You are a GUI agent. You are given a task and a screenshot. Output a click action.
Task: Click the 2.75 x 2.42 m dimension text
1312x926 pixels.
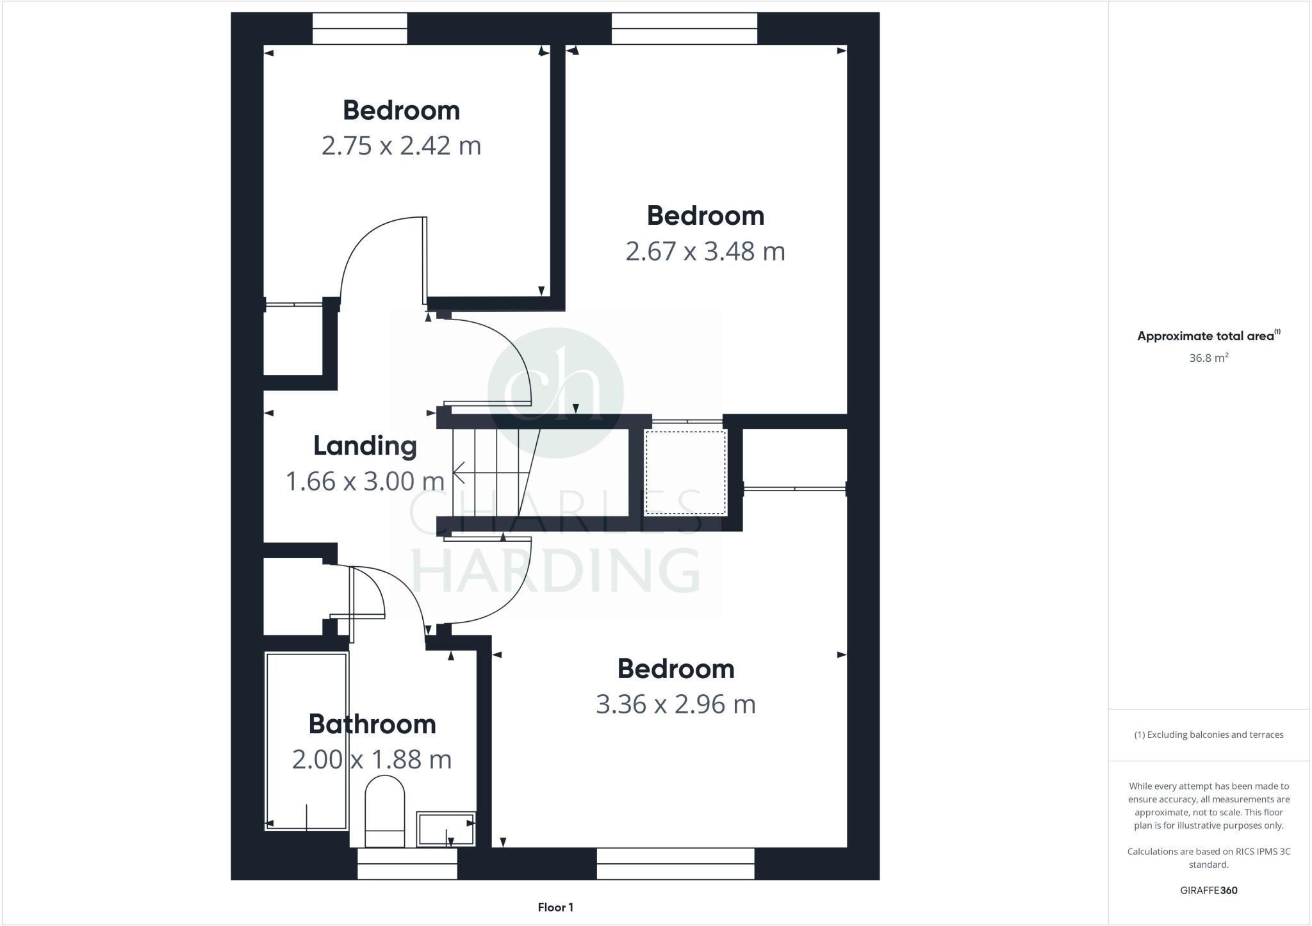[401, 146]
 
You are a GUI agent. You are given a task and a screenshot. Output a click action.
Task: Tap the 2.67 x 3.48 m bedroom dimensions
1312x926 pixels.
[705, 251]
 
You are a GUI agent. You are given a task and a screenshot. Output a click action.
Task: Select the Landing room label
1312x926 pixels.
[365, 446]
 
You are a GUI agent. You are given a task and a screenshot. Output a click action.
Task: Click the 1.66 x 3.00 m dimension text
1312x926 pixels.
[365, 482]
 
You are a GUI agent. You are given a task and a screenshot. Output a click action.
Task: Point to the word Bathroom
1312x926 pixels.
[372, 724]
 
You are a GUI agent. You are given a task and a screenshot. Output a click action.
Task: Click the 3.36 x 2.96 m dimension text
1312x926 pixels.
[675, 704]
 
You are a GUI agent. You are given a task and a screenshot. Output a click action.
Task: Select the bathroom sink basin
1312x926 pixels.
[445, 829]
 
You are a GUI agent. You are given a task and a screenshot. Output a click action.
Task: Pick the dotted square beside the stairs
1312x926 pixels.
[685, 472]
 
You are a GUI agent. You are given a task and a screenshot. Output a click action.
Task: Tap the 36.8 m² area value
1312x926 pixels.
[1208, 358]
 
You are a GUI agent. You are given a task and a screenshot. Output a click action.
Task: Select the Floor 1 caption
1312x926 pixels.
[555, 907]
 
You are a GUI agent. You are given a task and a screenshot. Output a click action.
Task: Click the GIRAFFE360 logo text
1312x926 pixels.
[1208, 890]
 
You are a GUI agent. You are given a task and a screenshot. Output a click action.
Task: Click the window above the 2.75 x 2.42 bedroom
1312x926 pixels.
[359, 29]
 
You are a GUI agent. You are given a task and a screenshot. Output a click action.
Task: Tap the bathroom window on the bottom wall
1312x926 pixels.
[407, 864]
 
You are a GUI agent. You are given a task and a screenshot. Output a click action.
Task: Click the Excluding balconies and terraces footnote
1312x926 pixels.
[1208, 735]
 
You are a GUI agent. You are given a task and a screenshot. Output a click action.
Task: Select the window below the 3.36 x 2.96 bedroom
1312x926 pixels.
[675, 864]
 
